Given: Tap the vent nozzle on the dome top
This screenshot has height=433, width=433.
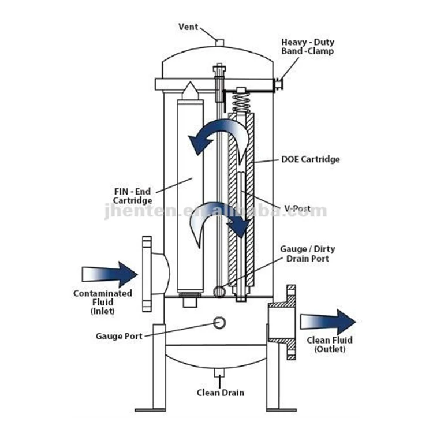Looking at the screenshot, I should (218, 42).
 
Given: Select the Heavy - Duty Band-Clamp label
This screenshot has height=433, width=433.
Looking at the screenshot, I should (307, 47).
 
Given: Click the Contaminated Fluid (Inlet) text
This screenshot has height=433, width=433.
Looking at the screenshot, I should (103, 302).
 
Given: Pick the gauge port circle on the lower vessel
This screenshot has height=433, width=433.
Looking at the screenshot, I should (219, 322).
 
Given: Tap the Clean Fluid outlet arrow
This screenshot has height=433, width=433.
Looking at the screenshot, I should (327, 322).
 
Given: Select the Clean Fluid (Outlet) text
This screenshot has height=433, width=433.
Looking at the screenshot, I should (329, 345).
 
